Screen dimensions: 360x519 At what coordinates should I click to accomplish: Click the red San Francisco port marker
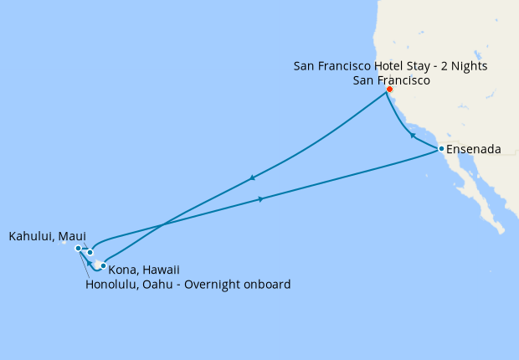[x=389, y=90]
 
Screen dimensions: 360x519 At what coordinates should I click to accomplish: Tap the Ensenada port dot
[x=441, y=149]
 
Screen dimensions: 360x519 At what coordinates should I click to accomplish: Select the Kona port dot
[x=103, y=266]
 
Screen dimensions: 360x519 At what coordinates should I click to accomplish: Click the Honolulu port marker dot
[x=78, y=249]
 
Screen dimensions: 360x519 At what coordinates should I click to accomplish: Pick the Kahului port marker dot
[x=90, y=252]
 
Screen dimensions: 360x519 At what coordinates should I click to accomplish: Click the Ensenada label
[x=474, y=150]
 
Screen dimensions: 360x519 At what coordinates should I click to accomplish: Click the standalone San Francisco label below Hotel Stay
[x=392, y=81]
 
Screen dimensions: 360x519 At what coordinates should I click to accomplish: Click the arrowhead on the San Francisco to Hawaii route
[x=251, y=177]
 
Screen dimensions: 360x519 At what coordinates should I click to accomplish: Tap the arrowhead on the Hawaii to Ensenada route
[x=262, y=198]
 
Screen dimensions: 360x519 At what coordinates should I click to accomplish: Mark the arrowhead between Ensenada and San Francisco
[x=412, y=135]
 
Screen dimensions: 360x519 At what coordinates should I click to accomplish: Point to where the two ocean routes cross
[x=164, y=223]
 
